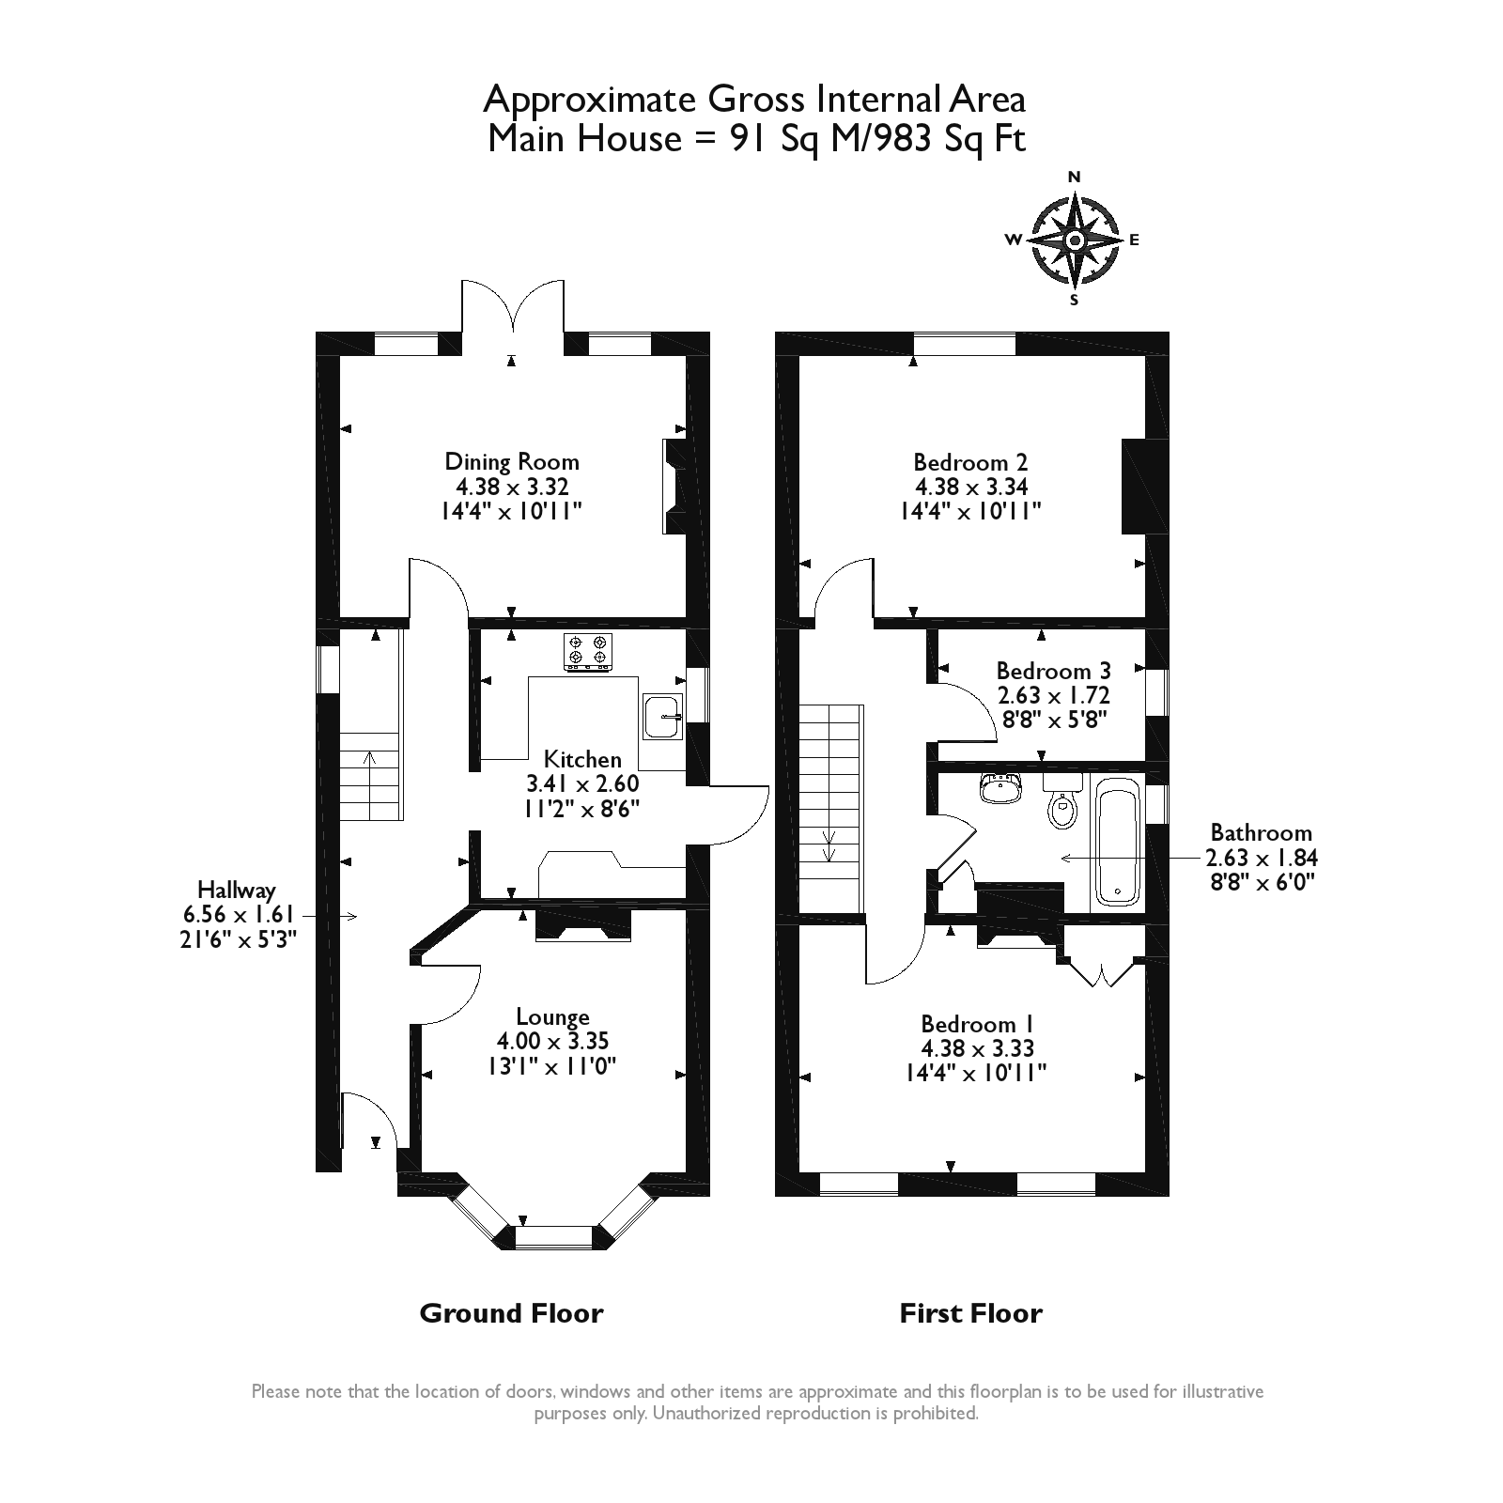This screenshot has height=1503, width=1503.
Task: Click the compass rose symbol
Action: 1075,240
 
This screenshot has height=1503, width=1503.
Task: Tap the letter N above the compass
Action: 1076,177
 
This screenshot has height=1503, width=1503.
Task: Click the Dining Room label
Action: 512,462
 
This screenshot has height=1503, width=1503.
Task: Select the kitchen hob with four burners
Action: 588,652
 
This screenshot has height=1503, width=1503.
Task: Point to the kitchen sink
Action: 664,717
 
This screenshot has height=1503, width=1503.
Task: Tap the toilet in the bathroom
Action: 1062,801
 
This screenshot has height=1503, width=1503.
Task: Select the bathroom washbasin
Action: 1001,787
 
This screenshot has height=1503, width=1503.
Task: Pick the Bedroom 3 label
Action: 1053,671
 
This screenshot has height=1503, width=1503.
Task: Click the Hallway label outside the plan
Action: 237,890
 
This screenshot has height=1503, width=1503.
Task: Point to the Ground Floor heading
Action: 511,1312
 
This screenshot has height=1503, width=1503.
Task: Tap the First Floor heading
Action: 971,1312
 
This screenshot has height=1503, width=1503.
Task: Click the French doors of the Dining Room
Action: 512,307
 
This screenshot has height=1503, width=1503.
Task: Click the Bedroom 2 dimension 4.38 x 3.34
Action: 971,487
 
